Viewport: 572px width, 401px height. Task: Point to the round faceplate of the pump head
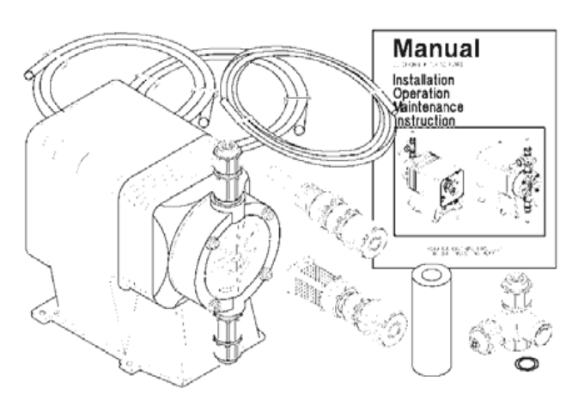[232, 250]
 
